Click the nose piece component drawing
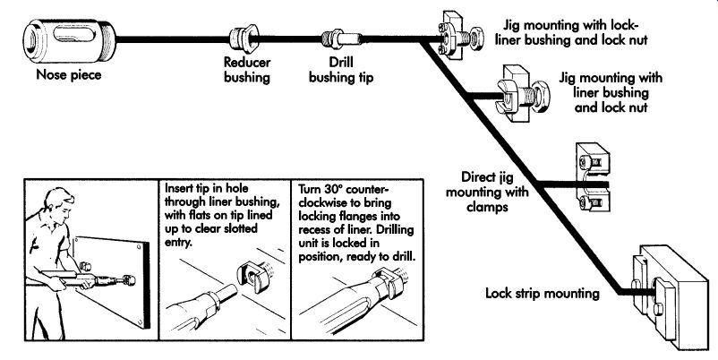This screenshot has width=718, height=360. click(70, 40)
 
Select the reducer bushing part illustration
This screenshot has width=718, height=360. click(244, 39)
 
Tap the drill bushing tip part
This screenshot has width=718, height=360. click(341, 39)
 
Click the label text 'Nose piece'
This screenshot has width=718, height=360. click(69, 74)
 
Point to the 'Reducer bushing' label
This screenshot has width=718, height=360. click(247, 69)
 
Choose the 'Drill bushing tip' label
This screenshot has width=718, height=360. click(341, 70)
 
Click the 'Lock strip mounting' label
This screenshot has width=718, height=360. click(543, 293)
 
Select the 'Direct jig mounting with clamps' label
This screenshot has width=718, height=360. click(487, 192)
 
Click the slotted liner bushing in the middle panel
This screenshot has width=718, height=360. click(253, 274)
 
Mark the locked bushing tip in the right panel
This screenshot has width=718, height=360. click(389, 284)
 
